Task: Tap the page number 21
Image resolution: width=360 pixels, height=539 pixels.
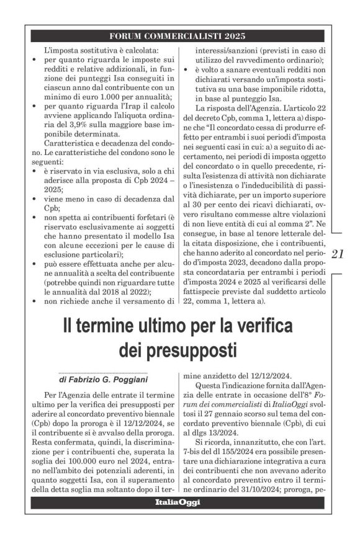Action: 340,254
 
